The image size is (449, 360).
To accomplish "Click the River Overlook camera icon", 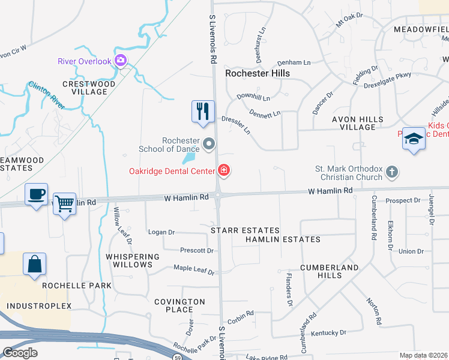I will [121, 60].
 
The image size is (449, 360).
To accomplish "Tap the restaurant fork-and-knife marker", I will [202, 111].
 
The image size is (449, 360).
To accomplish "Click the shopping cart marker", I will [64, 203].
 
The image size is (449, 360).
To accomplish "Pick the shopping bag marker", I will [35, 264].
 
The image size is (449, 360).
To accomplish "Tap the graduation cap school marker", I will [414, 139].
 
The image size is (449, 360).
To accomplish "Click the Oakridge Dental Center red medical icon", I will [224, 171].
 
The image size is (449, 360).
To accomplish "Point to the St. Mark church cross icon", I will [391, 172].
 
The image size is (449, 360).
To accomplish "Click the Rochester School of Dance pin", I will [209, 143].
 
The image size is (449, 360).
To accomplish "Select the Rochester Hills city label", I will [257, 73].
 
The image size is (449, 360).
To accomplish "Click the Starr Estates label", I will [245, 230].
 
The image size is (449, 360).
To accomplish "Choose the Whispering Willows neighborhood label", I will [133, 260].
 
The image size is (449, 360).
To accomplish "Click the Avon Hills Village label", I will [358, 123].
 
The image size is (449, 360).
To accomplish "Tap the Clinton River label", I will [46, 95].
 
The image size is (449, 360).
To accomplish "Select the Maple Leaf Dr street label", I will [194, 270].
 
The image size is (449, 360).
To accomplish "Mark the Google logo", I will [20, 353].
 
